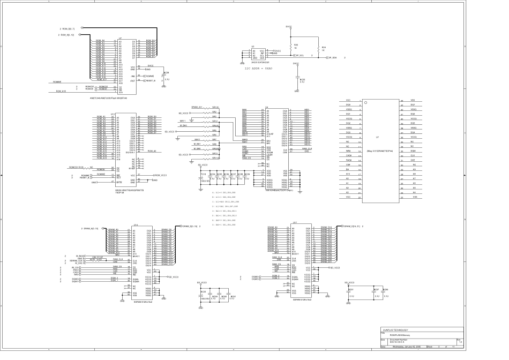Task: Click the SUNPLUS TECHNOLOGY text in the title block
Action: click(395, 329)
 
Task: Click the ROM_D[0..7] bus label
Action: click(68, 28)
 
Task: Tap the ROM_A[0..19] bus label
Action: click(68, 35)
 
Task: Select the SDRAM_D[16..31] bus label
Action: click(350, 227)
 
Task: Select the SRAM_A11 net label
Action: click(197, 107)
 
